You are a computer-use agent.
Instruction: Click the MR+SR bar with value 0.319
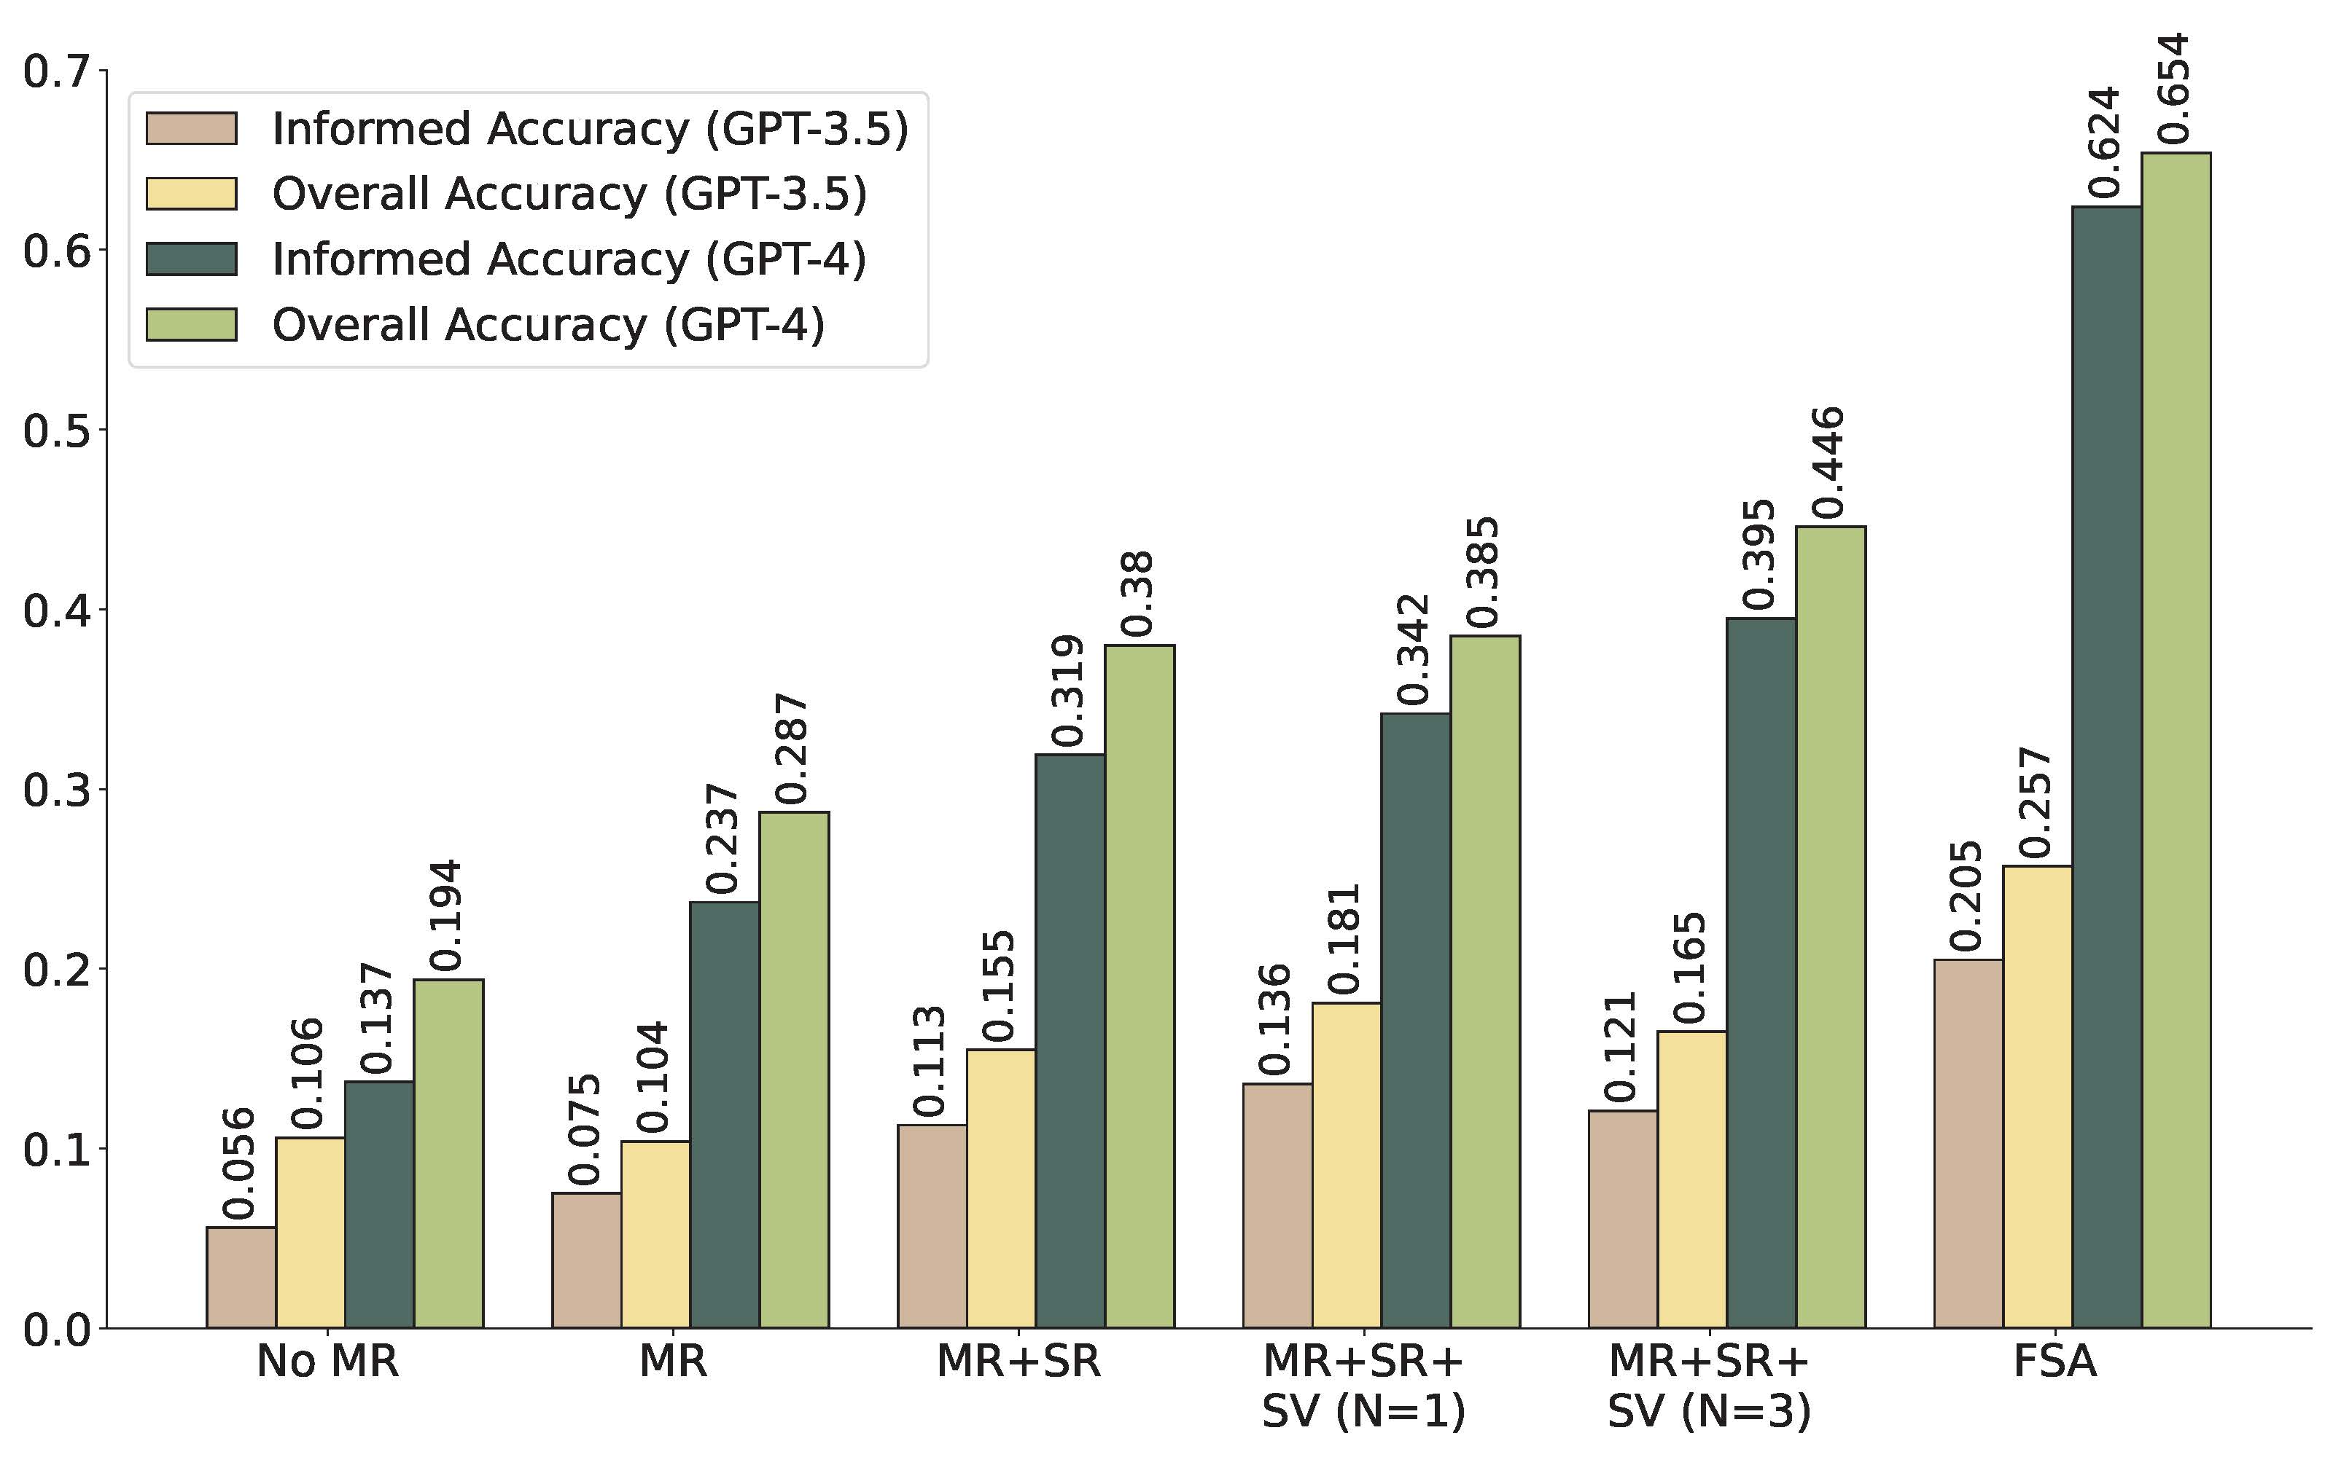pyautogui.click(x=1070, y=1041)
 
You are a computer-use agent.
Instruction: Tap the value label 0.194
pyautogui.click(x=446, y=916)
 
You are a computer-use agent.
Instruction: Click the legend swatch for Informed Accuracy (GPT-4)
pyautogui.click(x=191, y=259)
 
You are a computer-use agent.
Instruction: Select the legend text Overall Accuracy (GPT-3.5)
pyautogui.click(x=569, y=194)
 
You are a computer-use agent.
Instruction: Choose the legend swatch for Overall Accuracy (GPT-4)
pyautogui.click(x=191, y=325)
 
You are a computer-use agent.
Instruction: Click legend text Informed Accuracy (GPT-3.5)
pyautogui.click(x=590, y=129)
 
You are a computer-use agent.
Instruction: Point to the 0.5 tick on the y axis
pyautogui.click(x=56, y=430)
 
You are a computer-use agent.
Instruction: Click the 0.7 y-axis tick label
pyautogui.click(x=56, y=71)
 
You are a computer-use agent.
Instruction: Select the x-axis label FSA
pyautogui.click(x=2054, y=1362)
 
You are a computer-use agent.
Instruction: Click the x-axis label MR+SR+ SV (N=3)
pyautogui.click(x=1709, y=1386)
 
